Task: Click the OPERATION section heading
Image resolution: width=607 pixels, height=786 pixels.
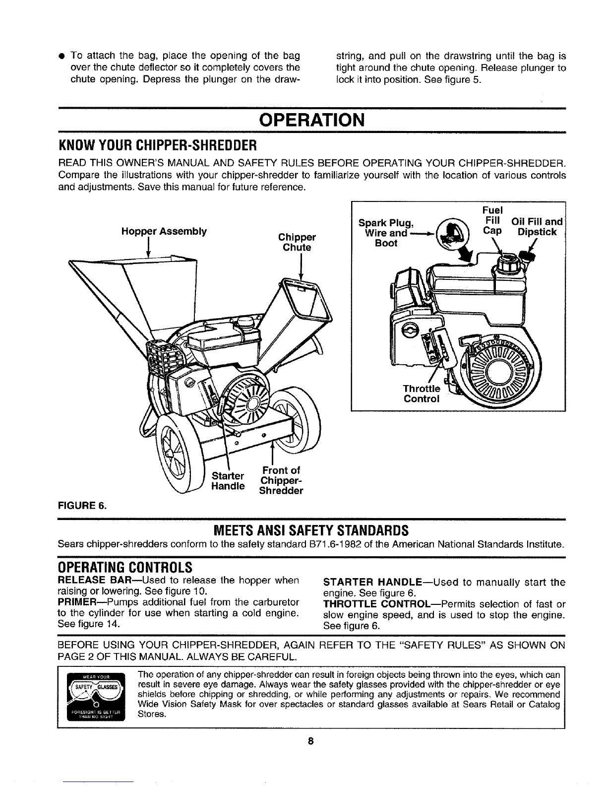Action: click(312, 120)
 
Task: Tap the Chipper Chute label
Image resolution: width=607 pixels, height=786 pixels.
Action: click(297, 242)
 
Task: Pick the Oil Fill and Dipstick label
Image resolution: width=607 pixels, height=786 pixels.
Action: click(538, 227)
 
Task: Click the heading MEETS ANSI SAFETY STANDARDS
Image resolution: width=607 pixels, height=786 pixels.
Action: click(311, 530)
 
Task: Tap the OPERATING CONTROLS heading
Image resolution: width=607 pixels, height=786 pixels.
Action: click(124, 566)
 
